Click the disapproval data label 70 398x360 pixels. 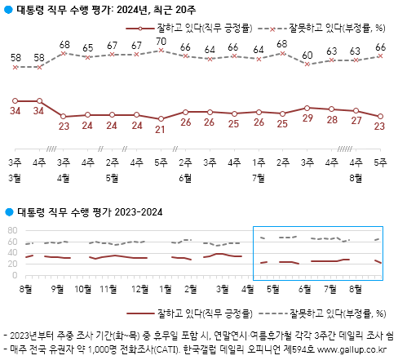tap(161, 42)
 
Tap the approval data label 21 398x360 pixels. tap(160, 130)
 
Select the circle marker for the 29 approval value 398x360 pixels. tap(307, 108)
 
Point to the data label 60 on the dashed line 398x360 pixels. tap(307, 56)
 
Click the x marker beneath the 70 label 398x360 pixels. tap(161, 50)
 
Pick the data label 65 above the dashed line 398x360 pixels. tap(87, 48)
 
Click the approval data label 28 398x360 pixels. tap(332, 120)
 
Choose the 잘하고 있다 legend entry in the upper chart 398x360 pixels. tap(189, 28)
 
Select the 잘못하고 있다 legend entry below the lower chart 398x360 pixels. tap(322, 313)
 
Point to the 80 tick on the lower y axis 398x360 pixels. tap(12, 230)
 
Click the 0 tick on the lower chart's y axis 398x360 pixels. tap(15, 275)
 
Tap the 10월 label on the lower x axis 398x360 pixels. tap(83, 289)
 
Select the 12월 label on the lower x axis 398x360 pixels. tap(139, 289)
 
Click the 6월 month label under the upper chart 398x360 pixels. tap(185, 178)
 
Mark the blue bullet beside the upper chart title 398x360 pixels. tap(9, 10)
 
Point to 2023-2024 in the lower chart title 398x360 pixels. tap(139, 212)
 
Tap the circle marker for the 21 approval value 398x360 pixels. tap(161, 119)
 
